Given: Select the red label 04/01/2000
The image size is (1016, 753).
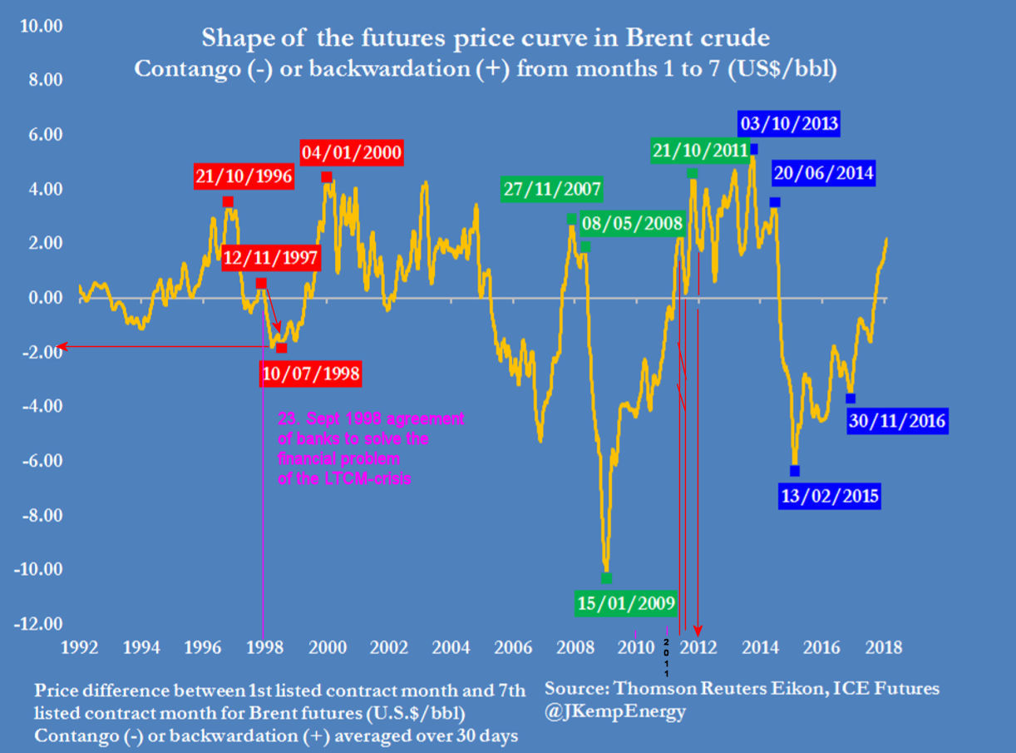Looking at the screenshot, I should [x=353, y=153].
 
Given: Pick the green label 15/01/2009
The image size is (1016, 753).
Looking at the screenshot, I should [x=626, y=602].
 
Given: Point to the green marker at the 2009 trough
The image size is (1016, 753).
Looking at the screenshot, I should [x=606, y=578].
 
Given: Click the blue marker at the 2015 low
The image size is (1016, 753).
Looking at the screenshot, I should [x=795, y=471].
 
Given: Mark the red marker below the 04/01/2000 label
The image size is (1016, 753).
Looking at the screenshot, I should [x=327, y=177].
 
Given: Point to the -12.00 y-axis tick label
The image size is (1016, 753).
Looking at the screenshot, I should [x=41, y=624].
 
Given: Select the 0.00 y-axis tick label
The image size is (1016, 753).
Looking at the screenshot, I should [x=45, y=298].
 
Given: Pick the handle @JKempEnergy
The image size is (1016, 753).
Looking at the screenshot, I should [x=615, y=713].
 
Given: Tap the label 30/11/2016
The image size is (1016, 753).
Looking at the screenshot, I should [x=897, y=421].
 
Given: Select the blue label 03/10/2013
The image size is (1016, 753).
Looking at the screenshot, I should [x=789, y=126].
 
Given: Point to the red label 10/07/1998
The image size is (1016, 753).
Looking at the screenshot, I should [x=310, y=374].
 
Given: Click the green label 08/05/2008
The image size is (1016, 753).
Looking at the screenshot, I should [x=632, y=223].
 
